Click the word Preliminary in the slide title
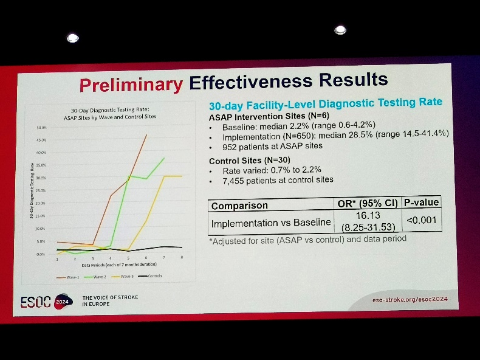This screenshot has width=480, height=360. [x=131, y=85]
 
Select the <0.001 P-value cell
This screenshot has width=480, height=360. [x=422, y=220]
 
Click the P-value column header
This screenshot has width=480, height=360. [x=421, y=202]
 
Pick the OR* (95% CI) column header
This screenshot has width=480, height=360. [x=368, y=204]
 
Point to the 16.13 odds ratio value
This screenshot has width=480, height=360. [x=367, y=216]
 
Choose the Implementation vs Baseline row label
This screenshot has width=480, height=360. [x=271, y=223]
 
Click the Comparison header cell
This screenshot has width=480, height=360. [x=239, y=206]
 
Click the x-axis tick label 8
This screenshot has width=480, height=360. [x=182, y=258]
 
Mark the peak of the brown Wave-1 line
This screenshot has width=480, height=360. [x=146, y=135]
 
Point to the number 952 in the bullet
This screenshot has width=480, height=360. [x=231, y=146]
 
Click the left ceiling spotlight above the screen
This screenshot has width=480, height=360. [x=72, y=38]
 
